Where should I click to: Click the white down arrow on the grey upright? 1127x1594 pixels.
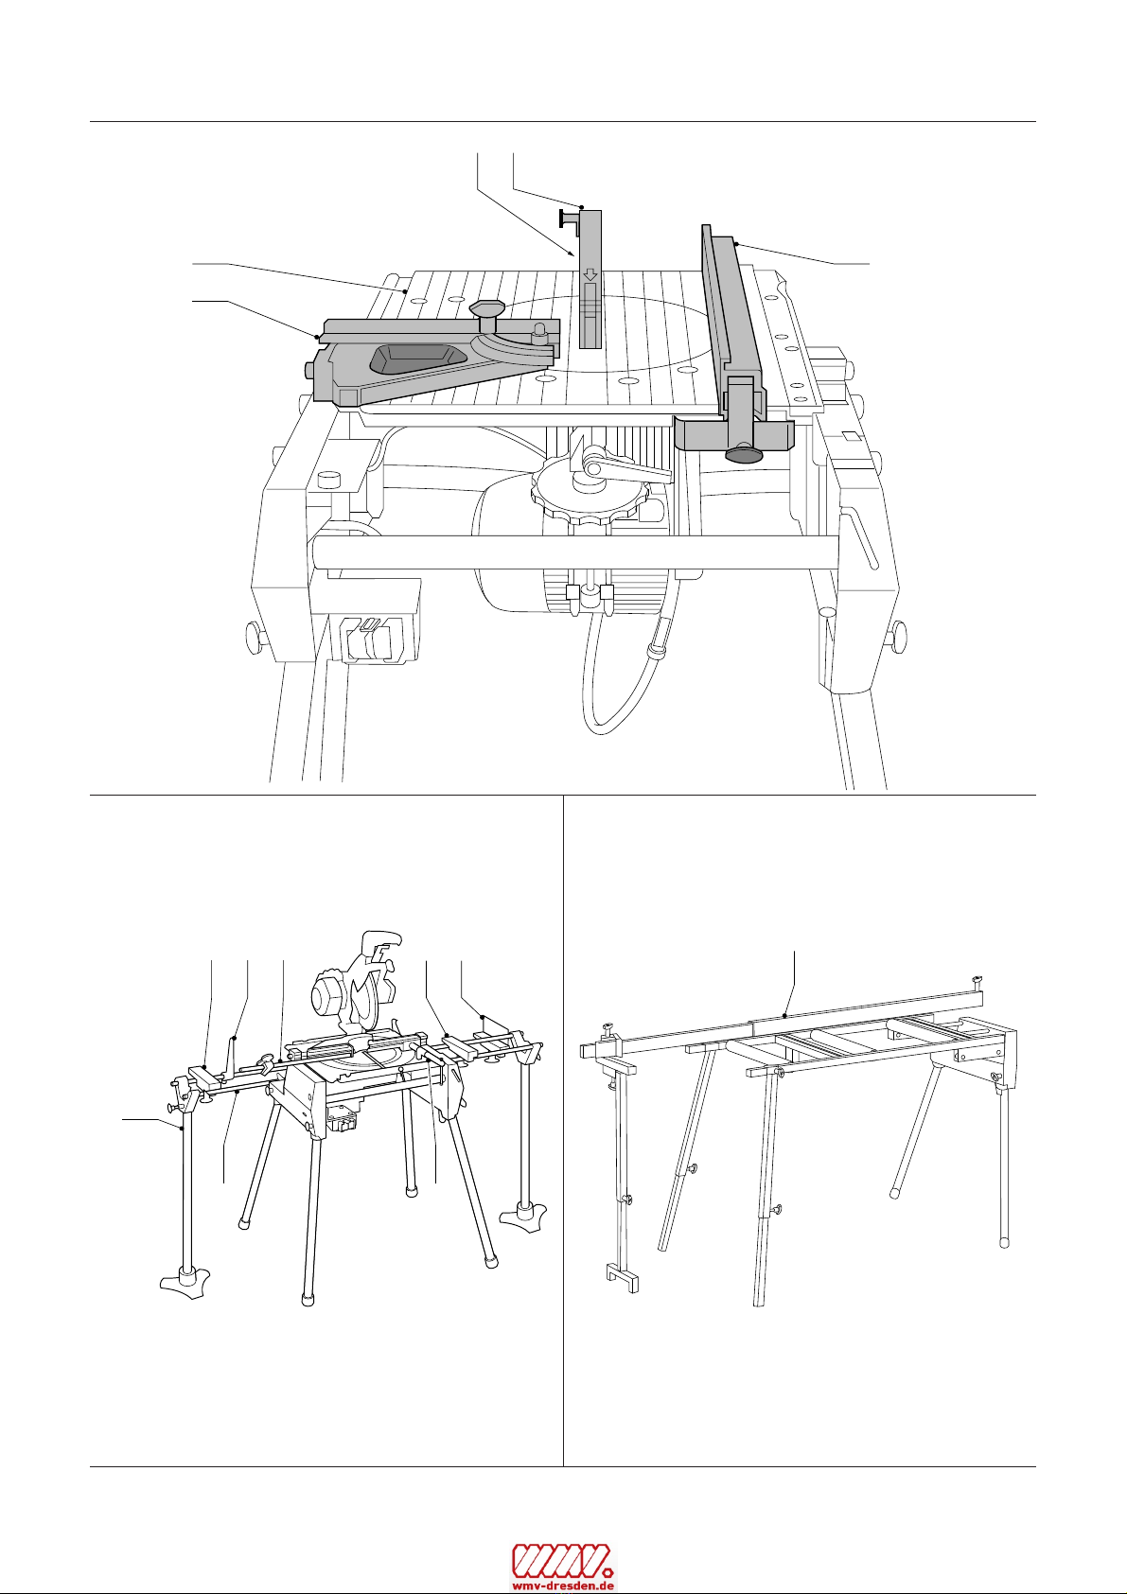(x=589, y=274)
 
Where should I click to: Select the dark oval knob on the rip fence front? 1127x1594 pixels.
(x=743, y=455)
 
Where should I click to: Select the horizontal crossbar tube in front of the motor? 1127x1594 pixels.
(x=575, y=552)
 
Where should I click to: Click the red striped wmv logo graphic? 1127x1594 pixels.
(x=563, y=1557)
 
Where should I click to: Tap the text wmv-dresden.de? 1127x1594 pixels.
(x=563, y=1584)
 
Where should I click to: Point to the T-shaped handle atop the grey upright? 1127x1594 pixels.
(x=570, y=219)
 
